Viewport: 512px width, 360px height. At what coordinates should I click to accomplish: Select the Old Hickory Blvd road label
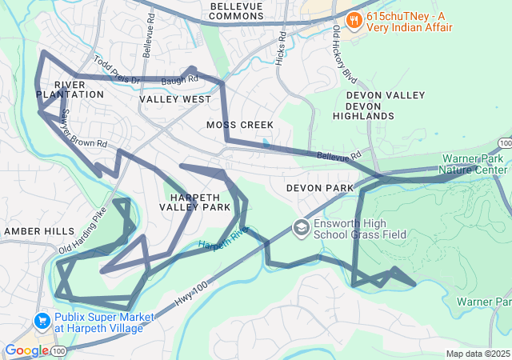coord(345,56)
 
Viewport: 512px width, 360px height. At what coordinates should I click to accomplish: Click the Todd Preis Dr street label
coord(117,70)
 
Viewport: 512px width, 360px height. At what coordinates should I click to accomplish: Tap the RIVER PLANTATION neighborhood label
coord(70,89)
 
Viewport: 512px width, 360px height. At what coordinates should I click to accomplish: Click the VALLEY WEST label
coord(175,99)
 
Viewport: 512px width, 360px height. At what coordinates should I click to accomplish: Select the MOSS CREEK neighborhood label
coord(240,125)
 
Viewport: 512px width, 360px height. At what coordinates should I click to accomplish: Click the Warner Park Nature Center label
coord(474,164)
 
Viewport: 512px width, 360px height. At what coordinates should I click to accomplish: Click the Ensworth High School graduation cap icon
coord(301,228)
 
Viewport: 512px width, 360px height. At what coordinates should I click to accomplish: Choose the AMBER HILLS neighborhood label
coord(39,230)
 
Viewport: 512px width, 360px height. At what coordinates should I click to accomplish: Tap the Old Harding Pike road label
coord(82,230)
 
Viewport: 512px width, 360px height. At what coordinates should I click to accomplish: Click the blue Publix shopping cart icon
coord(42,321)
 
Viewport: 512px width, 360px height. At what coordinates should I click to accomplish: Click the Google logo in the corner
coord(26,350)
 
